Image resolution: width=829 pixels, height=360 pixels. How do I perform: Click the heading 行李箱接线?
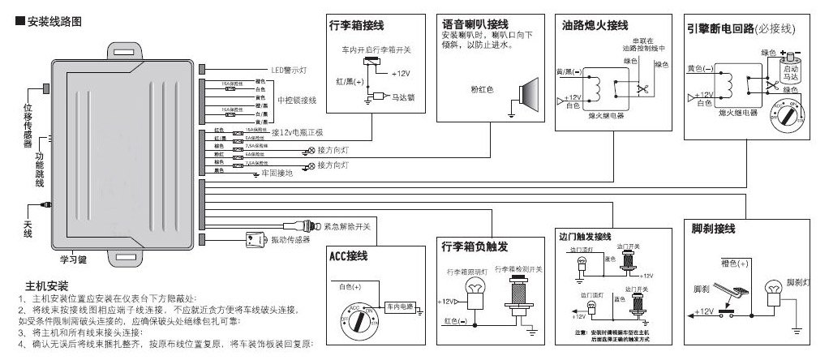click(356, 25)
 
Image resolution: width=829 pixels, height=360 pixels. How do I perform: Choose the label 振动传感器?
click(290, 240)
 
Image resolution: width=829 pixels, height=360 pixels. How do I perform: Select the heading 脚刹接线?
click(708, 227)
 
